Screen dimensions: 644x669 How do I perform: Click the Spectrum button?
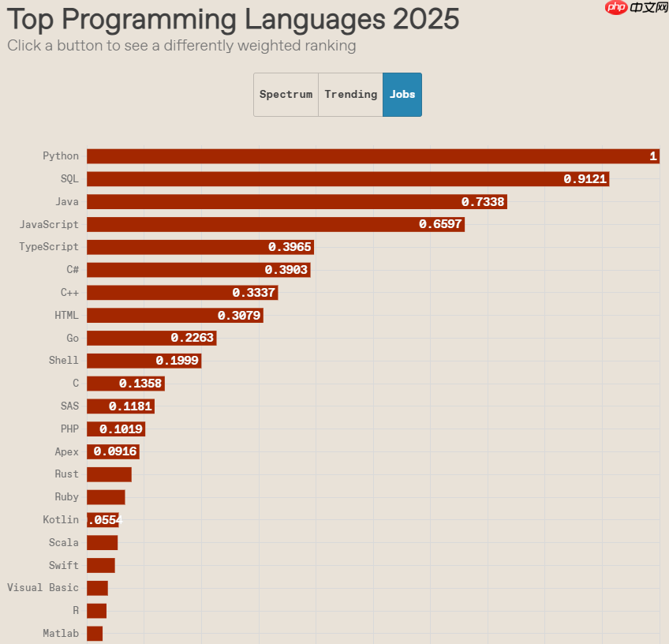[286, 95]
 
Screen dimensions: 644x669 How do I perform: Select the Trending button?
[350, 95]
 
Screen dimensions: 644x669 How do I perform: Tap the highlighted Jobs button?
[402, 95]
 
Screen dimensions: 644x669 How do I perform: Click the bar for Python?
[371, 156]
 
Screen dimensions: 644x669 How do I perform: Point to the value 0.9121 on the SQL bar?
[585, 179]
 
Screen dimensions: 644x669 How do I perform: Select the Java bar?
[296, 202]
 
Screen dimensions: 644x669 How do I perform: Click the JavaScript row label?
[49, 224]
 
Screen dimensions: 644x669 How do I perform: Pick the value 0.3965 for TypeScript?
[290, 247]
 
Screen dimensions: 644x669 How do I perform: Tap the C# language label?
[73, 270]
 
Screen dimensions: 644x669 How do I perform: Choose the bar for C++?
[181, 293]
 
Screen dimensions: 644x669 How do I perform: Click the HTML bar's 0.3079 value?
[240, 316]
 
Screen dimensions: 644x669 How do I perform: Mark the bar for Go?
[151, 338]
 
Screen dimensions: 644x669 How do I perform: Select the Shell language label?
[64, 361]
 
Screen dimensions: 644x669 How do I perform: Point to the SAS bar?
[120, 406]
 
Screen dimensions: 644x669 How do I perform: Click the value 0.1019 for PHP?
[121, 429]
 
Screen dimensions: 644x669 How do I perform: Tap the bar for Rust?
[109, 474]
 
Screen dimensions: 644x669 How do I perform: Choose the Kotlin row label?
[61, 520]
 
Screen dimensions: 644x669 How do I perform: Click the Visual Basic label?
[43, 588]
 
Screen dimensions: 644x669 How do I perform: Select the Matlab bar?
[95, 633]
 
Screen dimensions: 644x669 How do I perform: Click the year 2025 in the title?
[425, 19]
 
